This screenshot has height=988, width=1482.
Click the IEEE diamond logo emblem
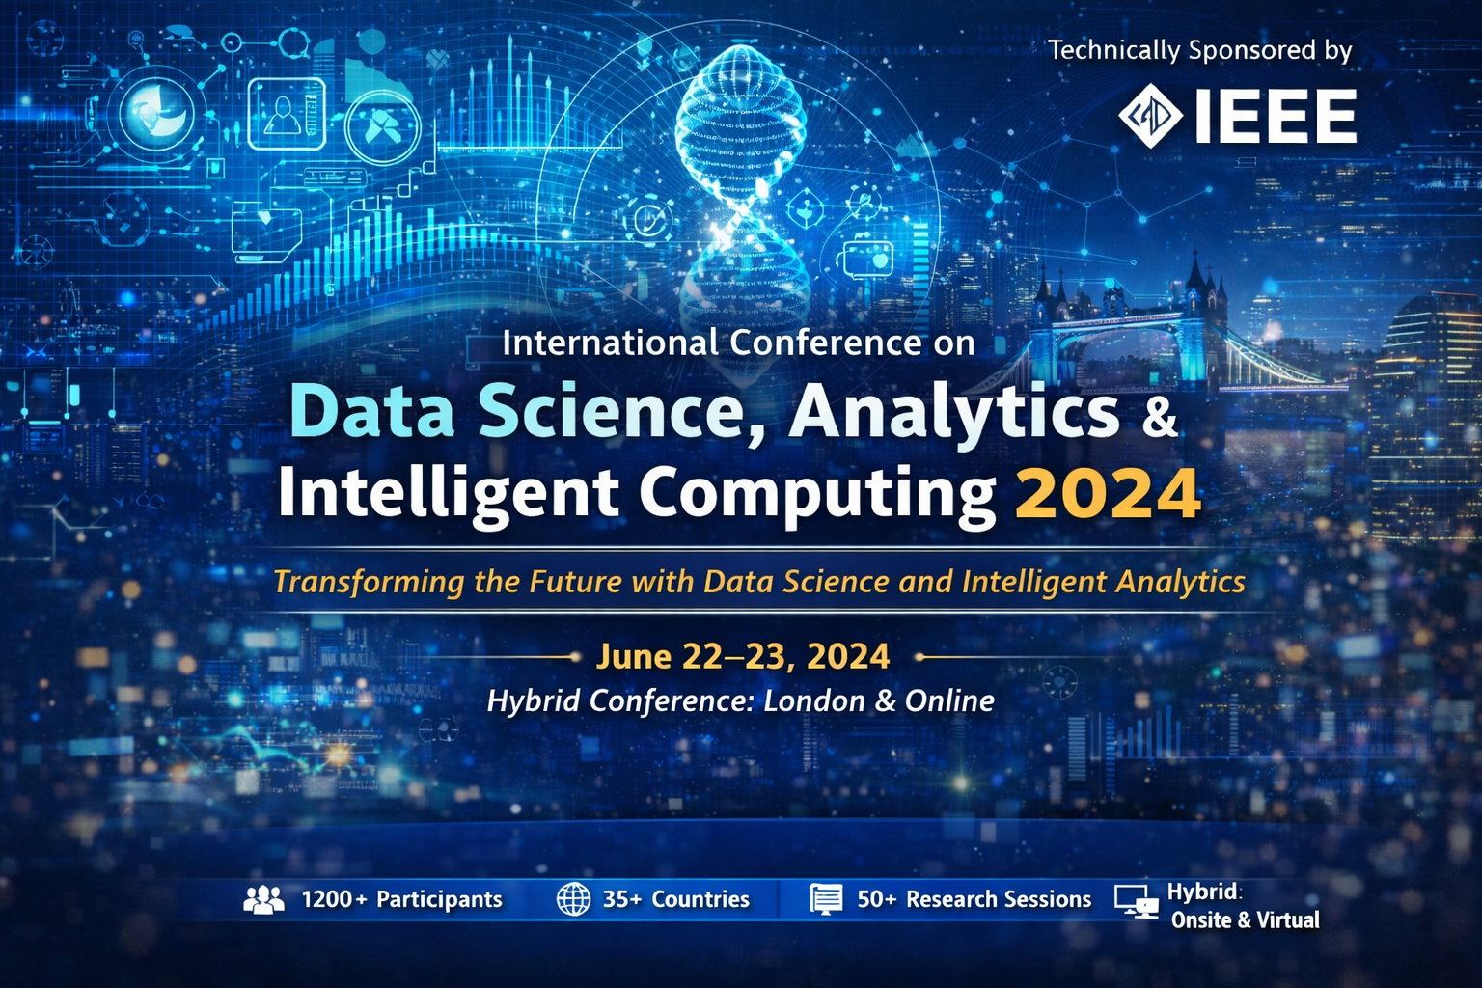click(1151, 116)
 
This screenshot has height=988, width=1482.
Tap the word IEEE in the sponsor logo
click(1276, 117)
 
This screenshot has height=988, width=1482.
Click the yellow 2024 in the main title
click(1108, 493)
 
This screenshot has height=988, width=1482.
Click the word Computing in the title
click(816, 493)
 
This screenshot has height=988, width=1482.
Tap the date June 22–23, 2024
click(743, 657)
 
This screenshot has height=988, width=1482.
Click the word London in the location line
click(813, 700)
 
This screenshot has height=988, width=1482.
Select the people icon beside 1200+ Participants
click(263, 899)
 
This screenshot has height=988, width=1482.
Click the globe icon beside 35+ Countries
click(573, 899)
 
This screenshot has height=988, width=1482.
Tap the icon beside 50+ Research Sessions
click(826, 899)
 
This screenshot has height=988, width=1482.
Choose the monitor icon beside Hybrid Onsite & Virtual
click(1136, 902)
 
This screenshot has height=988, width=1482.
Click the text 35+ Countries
click(675, 899)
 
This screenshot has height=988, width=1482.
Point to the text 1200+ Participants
click(401, 899)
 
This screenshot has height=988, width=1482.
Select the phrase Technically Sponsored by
click(1199, 50)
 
